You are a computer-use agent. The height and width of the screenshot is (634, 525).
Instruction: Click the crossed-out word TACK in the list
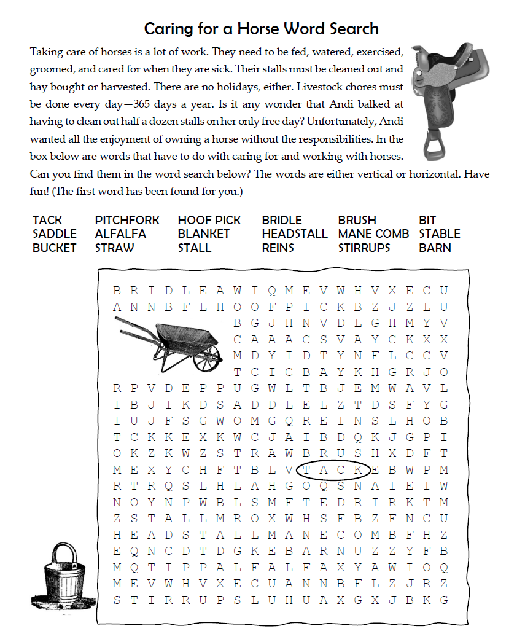point(47,220)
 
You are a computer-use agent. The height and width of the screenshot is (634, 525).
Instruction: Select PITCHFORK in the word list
point(127,220)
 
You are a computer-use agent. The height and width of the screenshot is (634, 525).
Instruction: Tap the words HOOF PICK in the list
point(209,220)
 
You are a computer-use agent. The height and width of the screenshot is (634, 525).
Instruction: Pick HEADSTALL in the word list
point(295,234)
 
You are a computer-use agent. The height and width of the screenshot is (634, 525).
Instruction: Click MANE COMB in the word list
point(373,234)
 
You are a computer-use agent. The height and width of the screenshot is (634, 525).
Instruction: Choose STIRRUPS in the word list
point(364,248)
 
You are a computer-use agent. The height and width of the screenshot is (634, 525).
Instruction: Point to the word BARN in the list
point(435,248)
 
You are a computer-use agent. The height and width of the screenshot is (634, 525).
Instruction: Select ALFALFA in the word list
point(120,234)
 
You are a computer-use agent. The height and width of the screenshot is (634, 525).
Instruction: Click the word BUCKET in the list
point(55,248)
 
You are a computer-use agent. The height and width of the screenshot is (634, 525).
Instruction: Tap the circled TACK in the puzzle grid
point(333,471)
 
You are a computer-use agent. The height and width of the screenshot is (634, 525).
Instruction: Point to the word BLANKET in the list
point(204,234)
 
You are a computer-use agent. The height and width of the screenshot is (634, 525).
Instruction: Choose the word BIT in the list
point(427,220)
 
